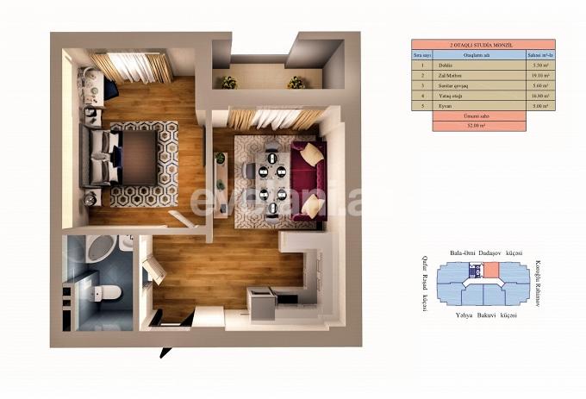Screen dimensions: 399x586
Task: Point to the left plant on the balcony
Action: [x=228, y=84]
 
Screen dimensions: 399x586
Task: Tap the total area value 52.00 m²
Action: [x=477, y=125]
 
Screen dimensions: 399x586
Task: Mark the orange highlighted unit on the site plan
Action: [x=491, y=271]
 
